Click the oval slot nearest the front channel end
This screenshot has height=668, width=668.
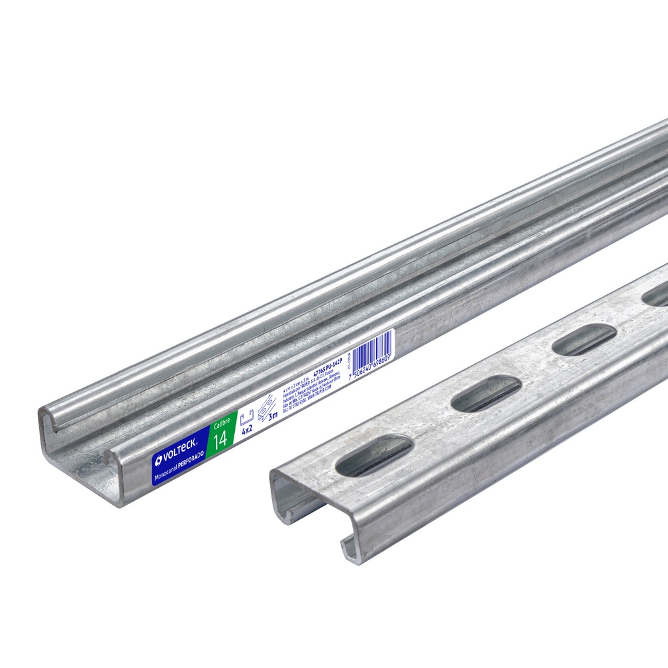[373, 455]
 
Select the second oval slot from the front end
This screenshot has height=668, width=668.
[485, 394]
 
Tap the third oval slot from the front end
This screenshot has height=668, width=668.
[584, 339]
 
